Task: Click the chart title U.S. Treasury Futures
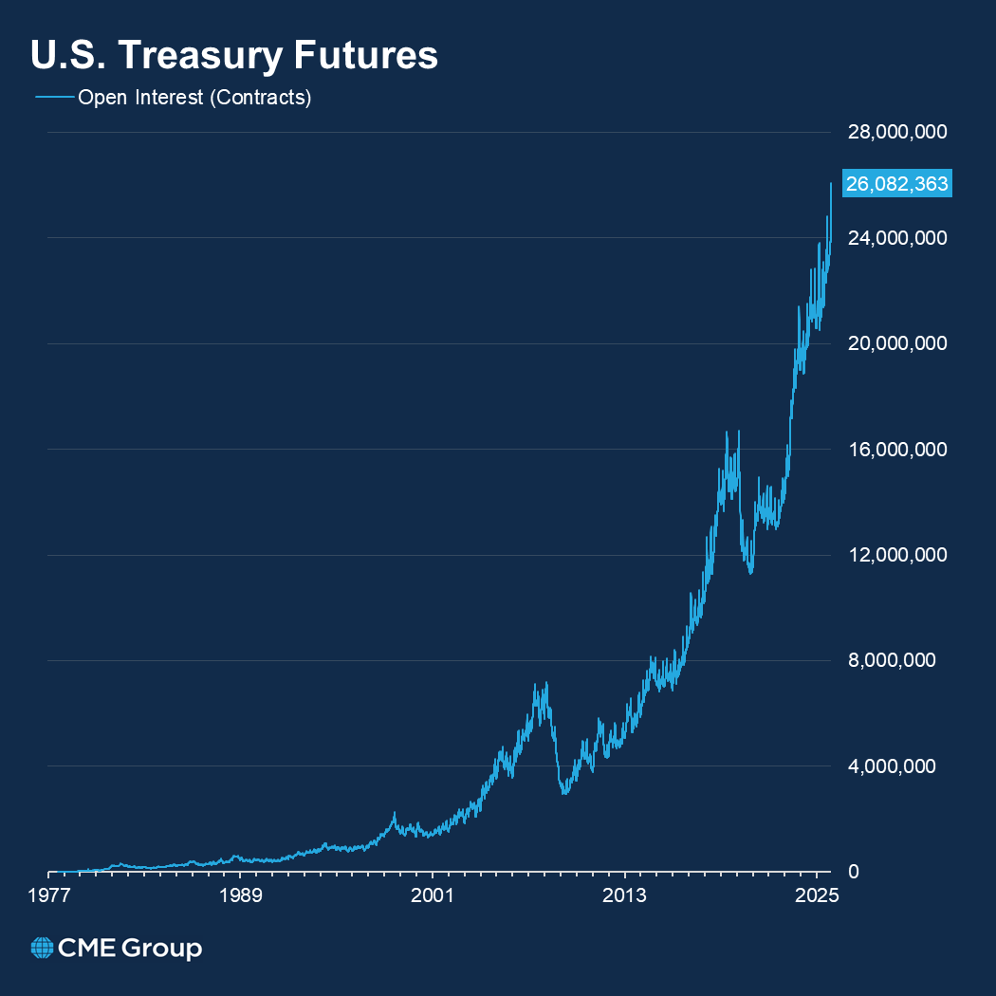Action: (x=234, y=55)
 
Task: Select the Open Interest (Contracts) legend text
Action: (x=194, y=98)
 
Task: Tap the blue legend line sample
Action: (x=54, y=98)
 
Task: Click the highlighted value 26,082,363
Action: (x=896, y=185)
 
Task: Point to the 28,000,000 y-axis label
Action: (x=896, y=133)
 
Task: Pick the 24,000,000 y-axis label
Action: (x=896, y=238)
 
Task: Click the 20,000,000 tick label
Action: (x=896, y=343)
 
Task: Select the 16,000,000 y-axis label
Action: (x=896, y=450)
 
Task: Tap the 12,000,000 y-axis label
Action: (x=896, y=555)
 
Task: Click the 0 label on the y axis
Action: (x=854, y=872)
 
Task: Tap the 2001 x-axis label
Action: (x=433, y=895)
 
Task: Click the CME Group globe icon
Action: (x=42, y=948)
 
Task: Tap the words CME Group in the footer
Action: (x=130, y=948)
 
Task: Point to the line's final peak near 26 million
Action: (x=831, y=184)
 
